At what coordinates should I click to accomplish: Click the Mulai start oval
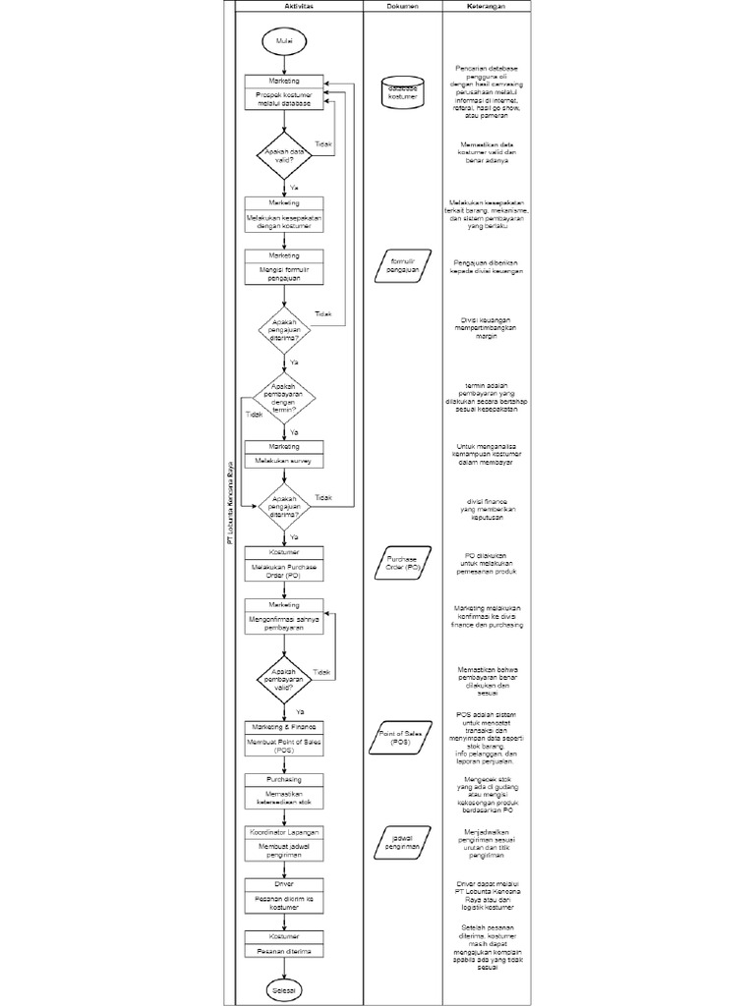(284, 40)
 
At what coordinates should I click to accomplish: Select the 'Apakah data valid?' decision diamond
(284, 156)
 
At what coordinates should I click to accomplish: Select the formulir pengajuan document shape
(402, 266)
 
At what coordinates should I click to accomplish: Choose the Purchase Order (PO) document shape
(402, 564)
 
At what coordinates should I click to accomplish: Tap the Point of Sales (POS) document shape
(402, 739)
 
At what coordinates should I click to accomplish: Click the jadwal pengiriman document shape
(402, 839)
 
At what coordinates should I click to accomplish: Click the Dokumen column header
(402, 6)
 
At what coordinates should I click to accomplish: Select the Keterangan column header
(487, 6)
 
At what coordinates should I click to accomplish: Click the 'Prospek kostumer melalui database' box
(284, 99)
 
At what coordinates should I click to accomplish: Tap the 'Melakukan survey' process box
(284, 460)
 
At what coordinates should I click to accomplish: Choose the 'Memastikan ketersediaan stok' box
(284, 797)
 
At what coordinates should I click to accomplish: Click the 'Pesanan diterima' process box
(284, 951)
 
